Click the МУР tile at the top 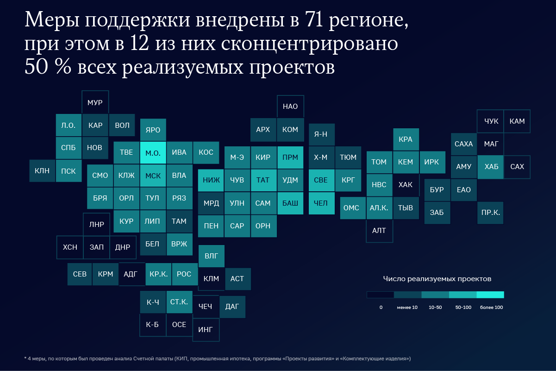coord(95,103)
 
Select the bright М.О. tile coord(153,152)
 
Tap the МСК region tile coord(153,176)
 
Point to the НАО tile coord(290,107)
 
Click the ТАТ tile coord(263,180)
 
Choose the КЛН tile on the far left coord(42,171)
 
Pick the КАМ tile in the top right coord(517,121)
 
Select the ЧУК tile coord(491,121)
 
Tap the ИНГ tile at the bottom coord(206,330)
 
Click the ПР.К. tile coord(491,213)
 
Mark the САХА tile coord(463,144)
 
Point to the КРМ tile coord(106,274)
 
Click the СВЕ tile coord(321,180)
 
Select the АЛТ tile coord(379,230)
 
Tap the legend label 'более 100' coord(491,308)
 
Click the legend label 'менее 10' coord(407,308)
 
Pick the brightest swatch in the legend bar coord(490,295)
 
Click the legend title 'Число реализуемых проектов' coord(437,279)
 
